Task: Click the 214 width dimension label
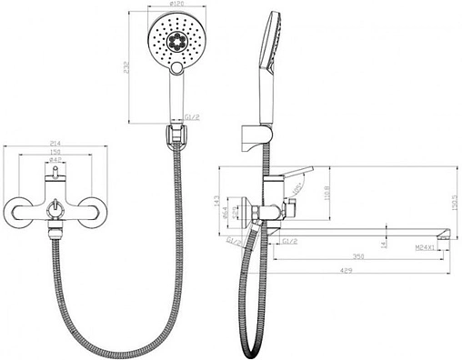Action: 55,144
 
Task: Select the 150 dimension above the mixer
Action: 55,153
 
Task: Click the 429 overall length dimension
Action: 349,270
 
